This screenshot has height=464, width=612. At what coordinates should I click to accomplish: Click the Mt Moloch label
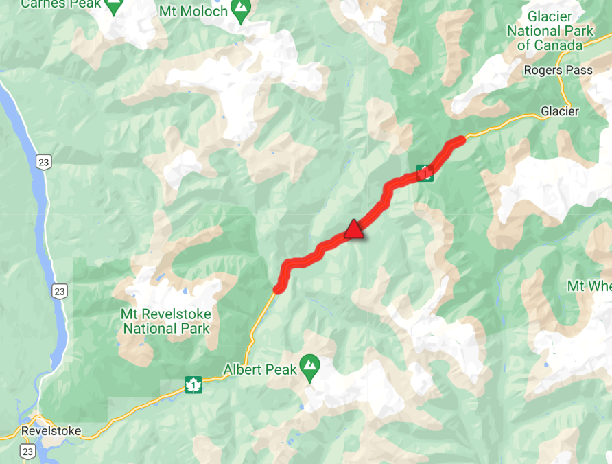pyautogui.click(x=193, y=12)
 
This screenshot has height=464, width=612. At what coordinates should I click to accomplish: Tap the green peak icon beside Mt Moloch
pyautogui.click(x=240, y=10)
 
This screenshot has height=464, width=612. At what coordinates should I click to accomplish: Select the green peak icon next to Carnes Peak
pyautogui.click(x=113, y=5)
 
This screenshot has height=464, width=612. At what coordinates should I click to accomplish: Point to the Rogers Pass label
pyautogui.click(x=549, y=70)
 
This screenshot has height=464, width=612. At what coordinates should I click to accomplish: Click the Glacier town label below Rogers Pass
pyautogui.click(x=560, y=111)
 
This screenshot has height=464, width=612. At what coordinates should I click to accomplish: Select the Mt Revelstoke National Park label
pyautogui.click(x=166, y=321)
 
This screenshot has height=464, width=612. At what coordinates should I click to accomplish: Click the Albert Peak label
pyautogui.click(x=260, y=369)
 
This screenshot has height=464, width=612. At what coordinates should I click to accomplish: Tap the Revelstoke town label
pyautogui.click(x=51, y=432)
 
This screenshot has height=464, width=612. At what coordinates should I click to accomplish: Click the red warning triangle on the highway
pyautogui.click(x=353, y=230)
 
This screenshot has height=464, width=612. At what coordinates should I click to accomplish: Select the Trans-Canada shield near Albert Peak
pyautogui.click(x=193, y=386)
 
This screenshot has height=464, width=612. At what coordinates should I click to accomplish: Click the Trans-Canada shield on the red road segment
pyautogui.click(x=425, y=173)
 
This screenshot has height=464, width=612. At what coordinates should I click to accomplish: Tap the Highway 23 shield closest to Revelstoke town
pyautogui.click(x=27, y=451)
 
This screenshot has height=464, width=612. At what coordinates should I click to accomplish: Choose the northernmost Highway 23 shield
pyautogui.click(x=43, y=162)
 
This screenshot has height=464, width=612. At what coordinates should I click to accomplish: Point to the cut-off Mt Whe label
pyautogui.click(x=589, y=286)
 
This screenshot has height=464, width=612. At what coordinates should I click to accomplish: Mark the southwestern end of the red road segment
pyautogui.click(x=277, y=289)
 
